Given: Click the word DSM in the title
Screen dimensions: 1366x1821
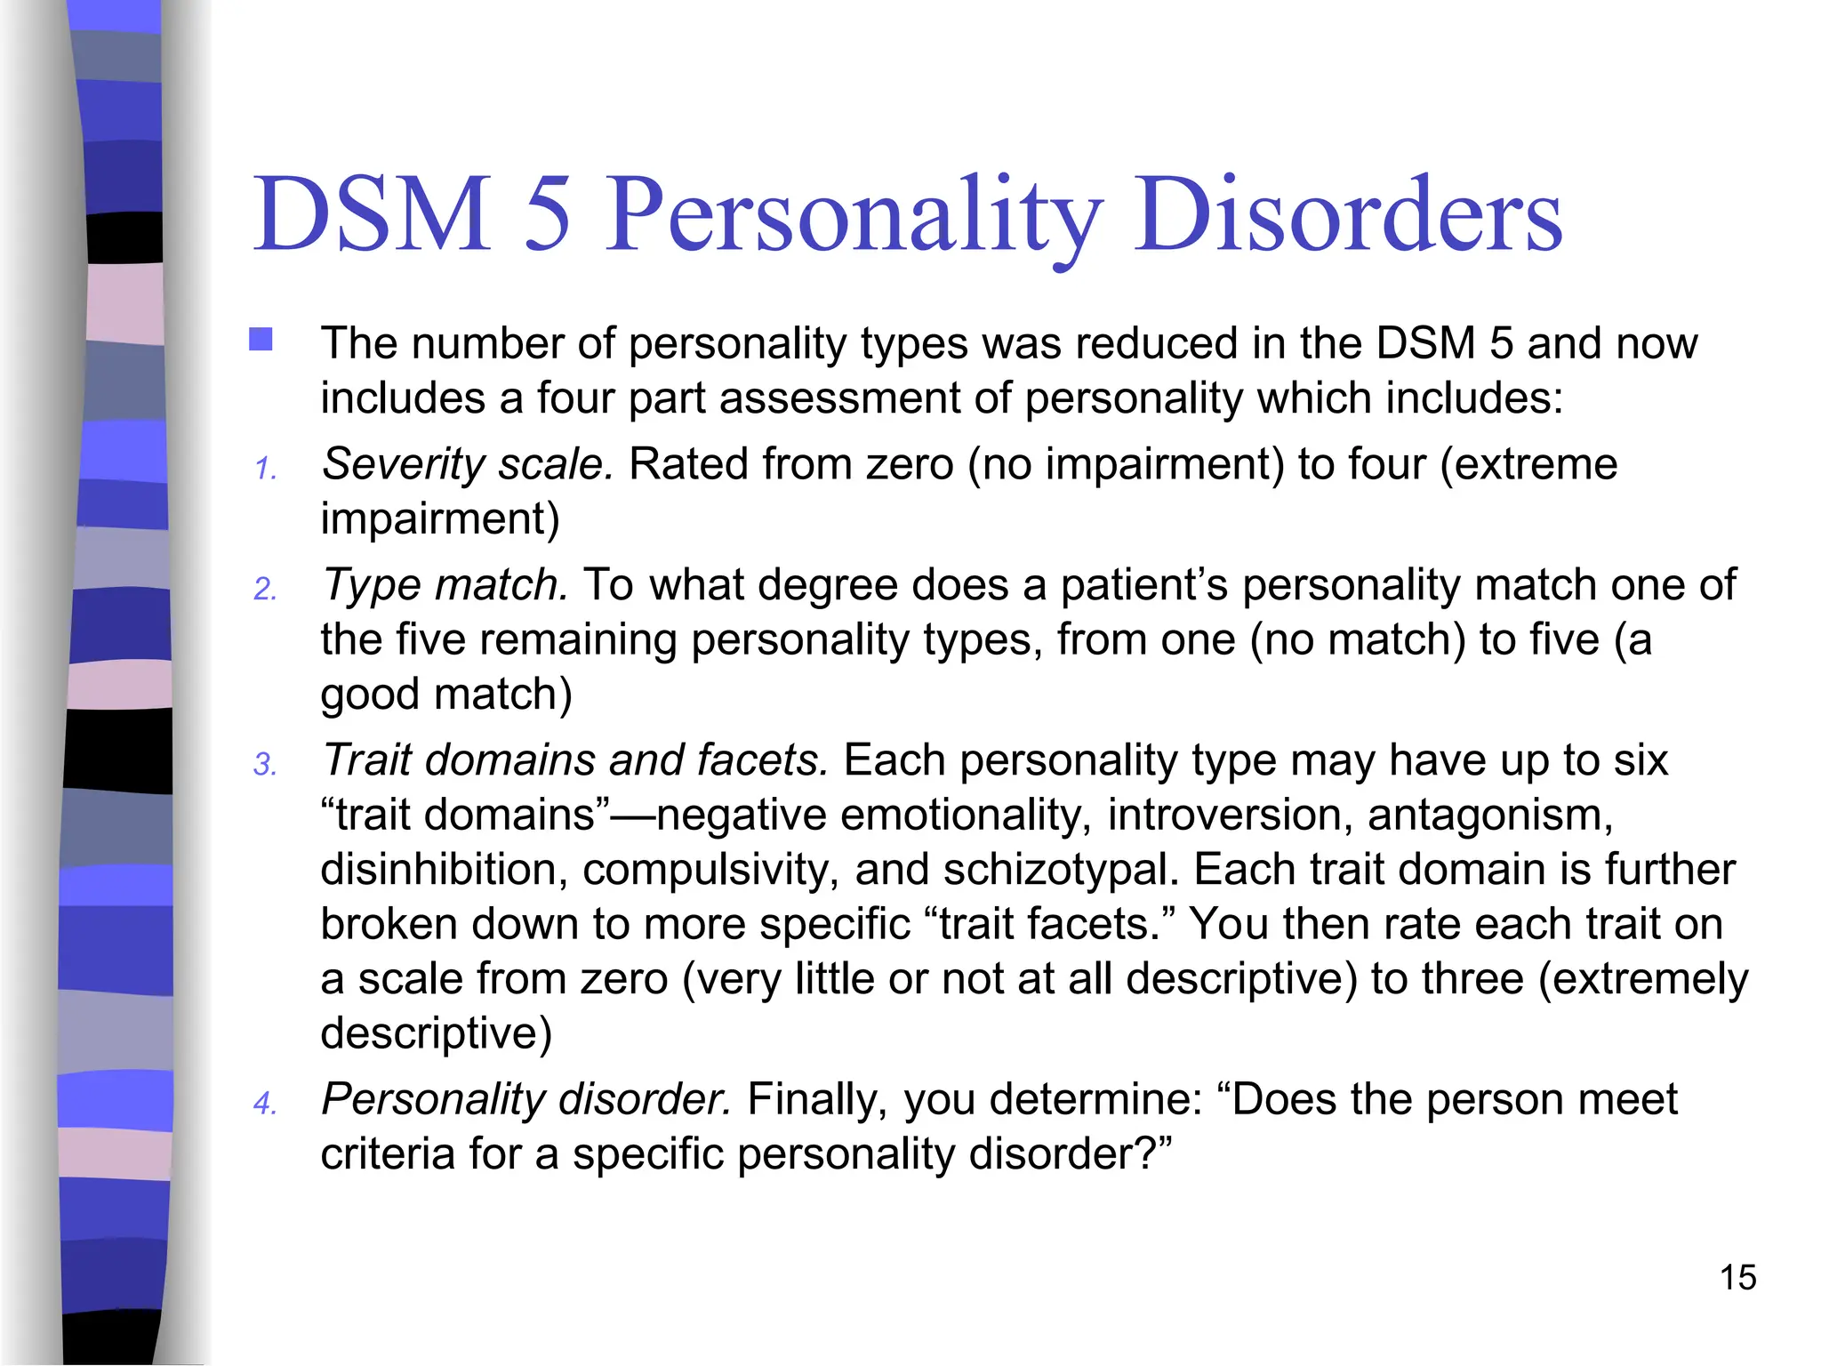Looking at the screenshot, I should click(x=372, y=214).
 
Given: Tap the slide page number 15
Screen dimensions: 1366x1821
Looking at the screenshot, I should click(x=1737, y=1278).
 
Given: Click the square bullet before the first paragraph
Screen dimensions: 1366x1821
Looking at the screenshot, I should click(x=261, y=340).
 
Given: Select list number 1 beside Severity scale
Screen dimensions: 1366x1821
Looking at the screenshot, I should click(x=265, y=469).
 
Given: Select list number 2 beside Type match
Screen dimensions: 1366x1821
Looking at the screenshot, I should click(x=265, y=590).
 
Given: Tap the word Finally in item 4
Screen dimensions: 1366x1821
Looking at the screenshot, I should click(x=817, y=1100).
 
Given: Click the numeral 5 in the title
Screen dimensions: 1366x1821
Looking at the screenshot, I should click(x=547, y=214).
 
